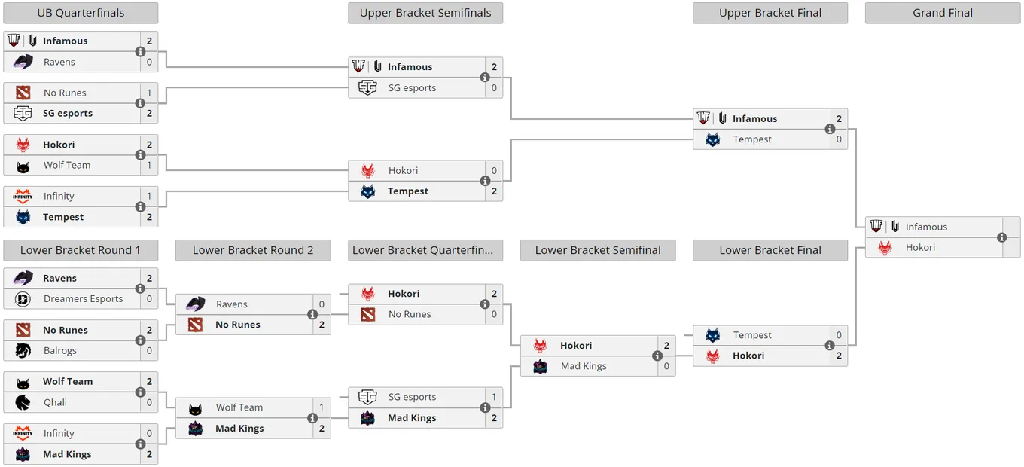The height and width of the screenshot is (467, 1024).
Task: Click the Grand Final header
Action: point(942,13)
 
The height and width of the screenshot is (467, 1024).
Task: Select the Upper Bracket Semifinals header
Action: point(425,13)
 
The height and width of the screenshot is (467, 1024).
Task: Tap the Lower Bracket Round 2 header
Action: point(253,250)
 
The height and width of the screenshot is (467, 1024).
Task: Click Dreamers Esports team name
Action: point(83,299)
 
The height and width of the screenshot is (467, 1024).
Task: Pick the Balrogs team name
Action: point(60,350)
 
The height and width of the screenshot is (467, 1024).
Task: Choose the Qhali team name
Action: point(55,402)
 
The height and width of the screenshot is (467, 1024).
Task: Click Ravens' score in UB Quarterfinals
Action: point(149,62)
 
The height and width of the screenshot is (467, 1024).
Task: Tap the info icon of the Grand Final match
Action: point(1001,237)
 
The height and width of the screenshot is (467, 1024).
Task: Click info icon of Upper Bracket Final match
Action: point(830,129)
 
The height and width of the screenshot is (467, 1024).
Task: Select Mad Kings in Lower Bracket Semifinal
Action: point(584,366)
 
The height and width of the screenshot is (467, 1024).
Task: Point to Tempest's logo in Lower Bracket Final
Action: point(713,335)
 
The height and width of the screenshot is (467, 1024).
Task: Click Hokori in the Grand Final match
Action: point(920,248)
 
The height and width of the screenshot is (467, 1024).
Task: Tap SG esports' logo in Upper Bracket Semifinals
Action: point(367,87)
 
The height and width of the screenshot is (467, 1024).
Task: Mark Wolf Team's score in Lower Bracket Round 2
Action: point(322,407)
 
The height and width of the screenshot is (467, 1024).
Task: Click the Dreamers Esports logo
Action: point(23,299)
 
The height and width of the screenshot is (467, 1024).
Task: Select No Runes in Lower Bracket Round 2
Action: point(238,325)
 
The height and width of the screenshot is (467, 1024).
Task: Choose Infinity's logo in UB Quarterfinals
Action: point(23,197)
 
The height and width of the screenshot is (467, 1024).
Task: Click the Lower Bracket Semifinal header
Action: point(598,250)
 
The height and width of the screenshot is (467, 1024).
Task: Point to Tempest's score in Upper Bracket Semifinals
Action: point(494,191)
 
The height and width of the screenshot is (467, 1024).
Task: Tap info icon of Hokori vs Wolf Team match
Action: point(140,155)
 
